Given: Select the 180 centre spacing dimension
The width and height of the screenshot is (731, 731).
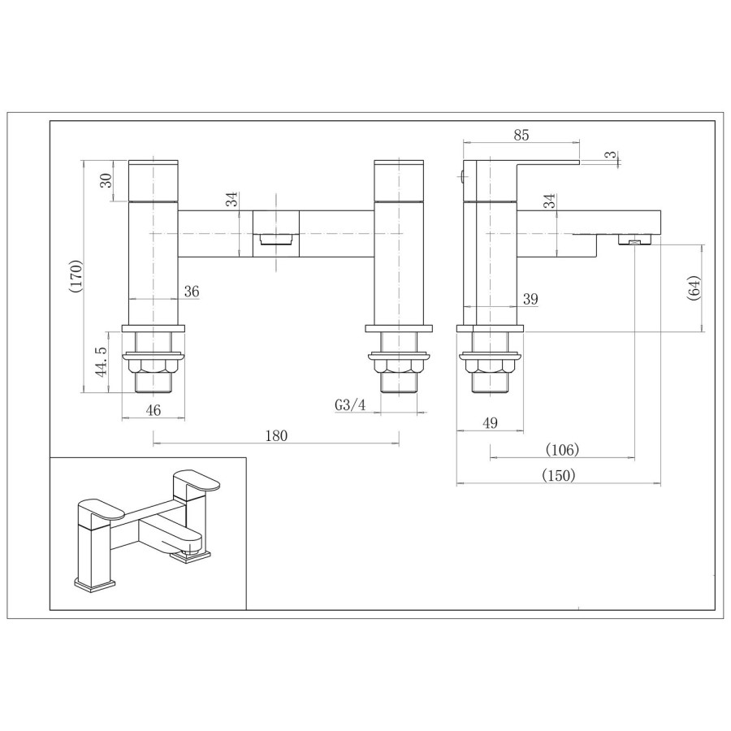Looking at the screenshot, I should point(276,436).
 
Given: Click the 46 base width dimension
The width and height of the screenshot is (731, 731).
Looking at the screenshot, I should point(153,411).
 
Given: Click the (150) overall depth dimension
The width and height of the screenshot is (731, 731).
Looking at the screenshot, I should point(558,476).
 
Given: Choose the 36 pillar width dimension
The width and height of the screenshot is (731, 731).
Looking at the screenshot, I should point(192,291).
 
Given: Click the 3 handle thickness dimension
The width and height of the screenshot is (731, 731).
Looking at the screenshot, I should point(608,154).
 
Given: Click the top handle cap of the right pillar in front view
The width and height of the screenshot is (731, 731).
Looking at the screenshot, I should point(398,180).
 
